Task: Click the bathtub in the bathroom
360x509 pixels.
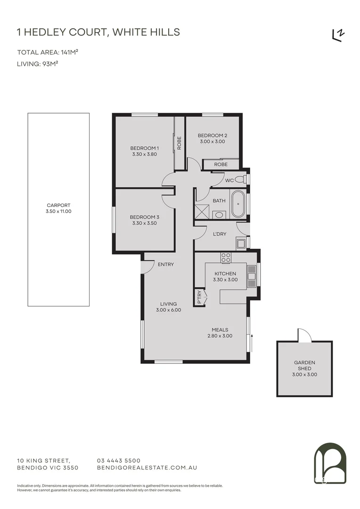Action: pyautogui.click(x=237, y=204)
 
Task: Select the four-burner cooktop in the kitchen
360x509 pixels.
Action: pyautogui.click(x=226, y=258)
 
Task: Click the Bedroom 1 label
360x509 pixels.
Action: pyautogui.click(x=144, y=148)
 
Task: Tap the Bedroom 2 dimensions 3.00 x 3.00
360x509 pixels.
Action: pyautogui.click(x=212, y=141)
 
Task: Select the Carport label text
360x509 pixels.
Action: pyautogui.click(x=58, y=205)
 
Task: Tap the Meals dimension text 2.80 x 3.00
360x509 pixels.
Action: pyautogui.click(x=220, y=336)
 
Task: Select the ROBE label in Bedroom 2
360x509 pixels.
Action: pyautogui.click(x=221, y=164)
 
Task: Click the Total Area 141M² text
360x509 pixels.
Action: pyautogui.click(x=48, y=52)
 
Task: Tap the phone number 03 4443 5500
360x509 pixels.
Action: pyautogui.click(x=118, y=460)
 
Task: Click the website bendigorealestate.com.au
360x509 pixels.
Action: pyautogui.click(x=147, y=468)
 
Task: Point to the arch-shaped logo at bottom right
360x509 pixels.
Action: pyautogui.click(x=330, y=464)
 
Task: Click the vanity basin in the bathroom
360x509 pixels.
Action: pyautogui.click(x=219, y=215)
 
